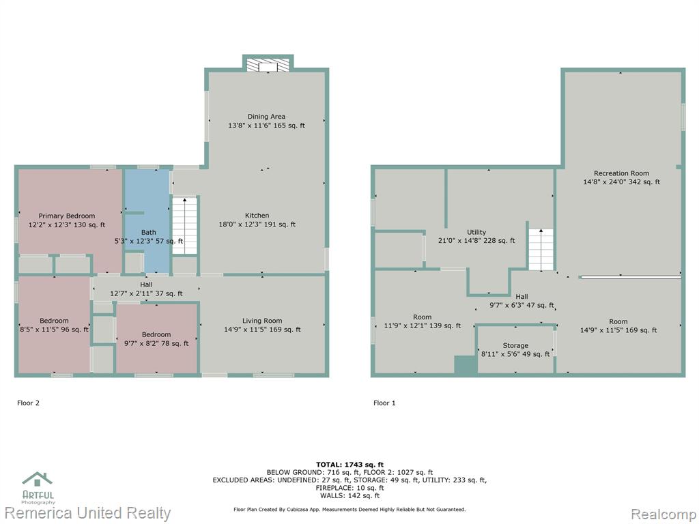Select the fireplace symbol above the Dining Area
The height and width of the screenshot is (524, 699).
point(268,65)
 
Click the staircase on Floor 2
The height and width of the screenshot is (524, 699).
point(184,226)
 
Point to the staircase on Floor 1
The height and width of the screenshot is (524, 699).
point(541,250)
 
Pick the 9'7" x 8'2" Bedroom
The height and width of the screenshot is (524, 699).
point(156,338)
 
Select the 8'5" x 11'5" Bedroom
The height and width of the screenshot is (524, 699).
point(55,325)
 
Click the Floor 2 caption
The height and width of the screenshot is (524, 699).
point(28,403)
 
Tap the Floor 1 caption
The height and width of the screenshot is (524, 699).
point(384,403)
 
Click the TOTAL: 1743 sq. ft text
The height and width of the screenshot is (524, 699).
point(349,465)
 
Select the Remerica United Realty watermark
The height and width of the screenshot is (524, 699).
point(87,513)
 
